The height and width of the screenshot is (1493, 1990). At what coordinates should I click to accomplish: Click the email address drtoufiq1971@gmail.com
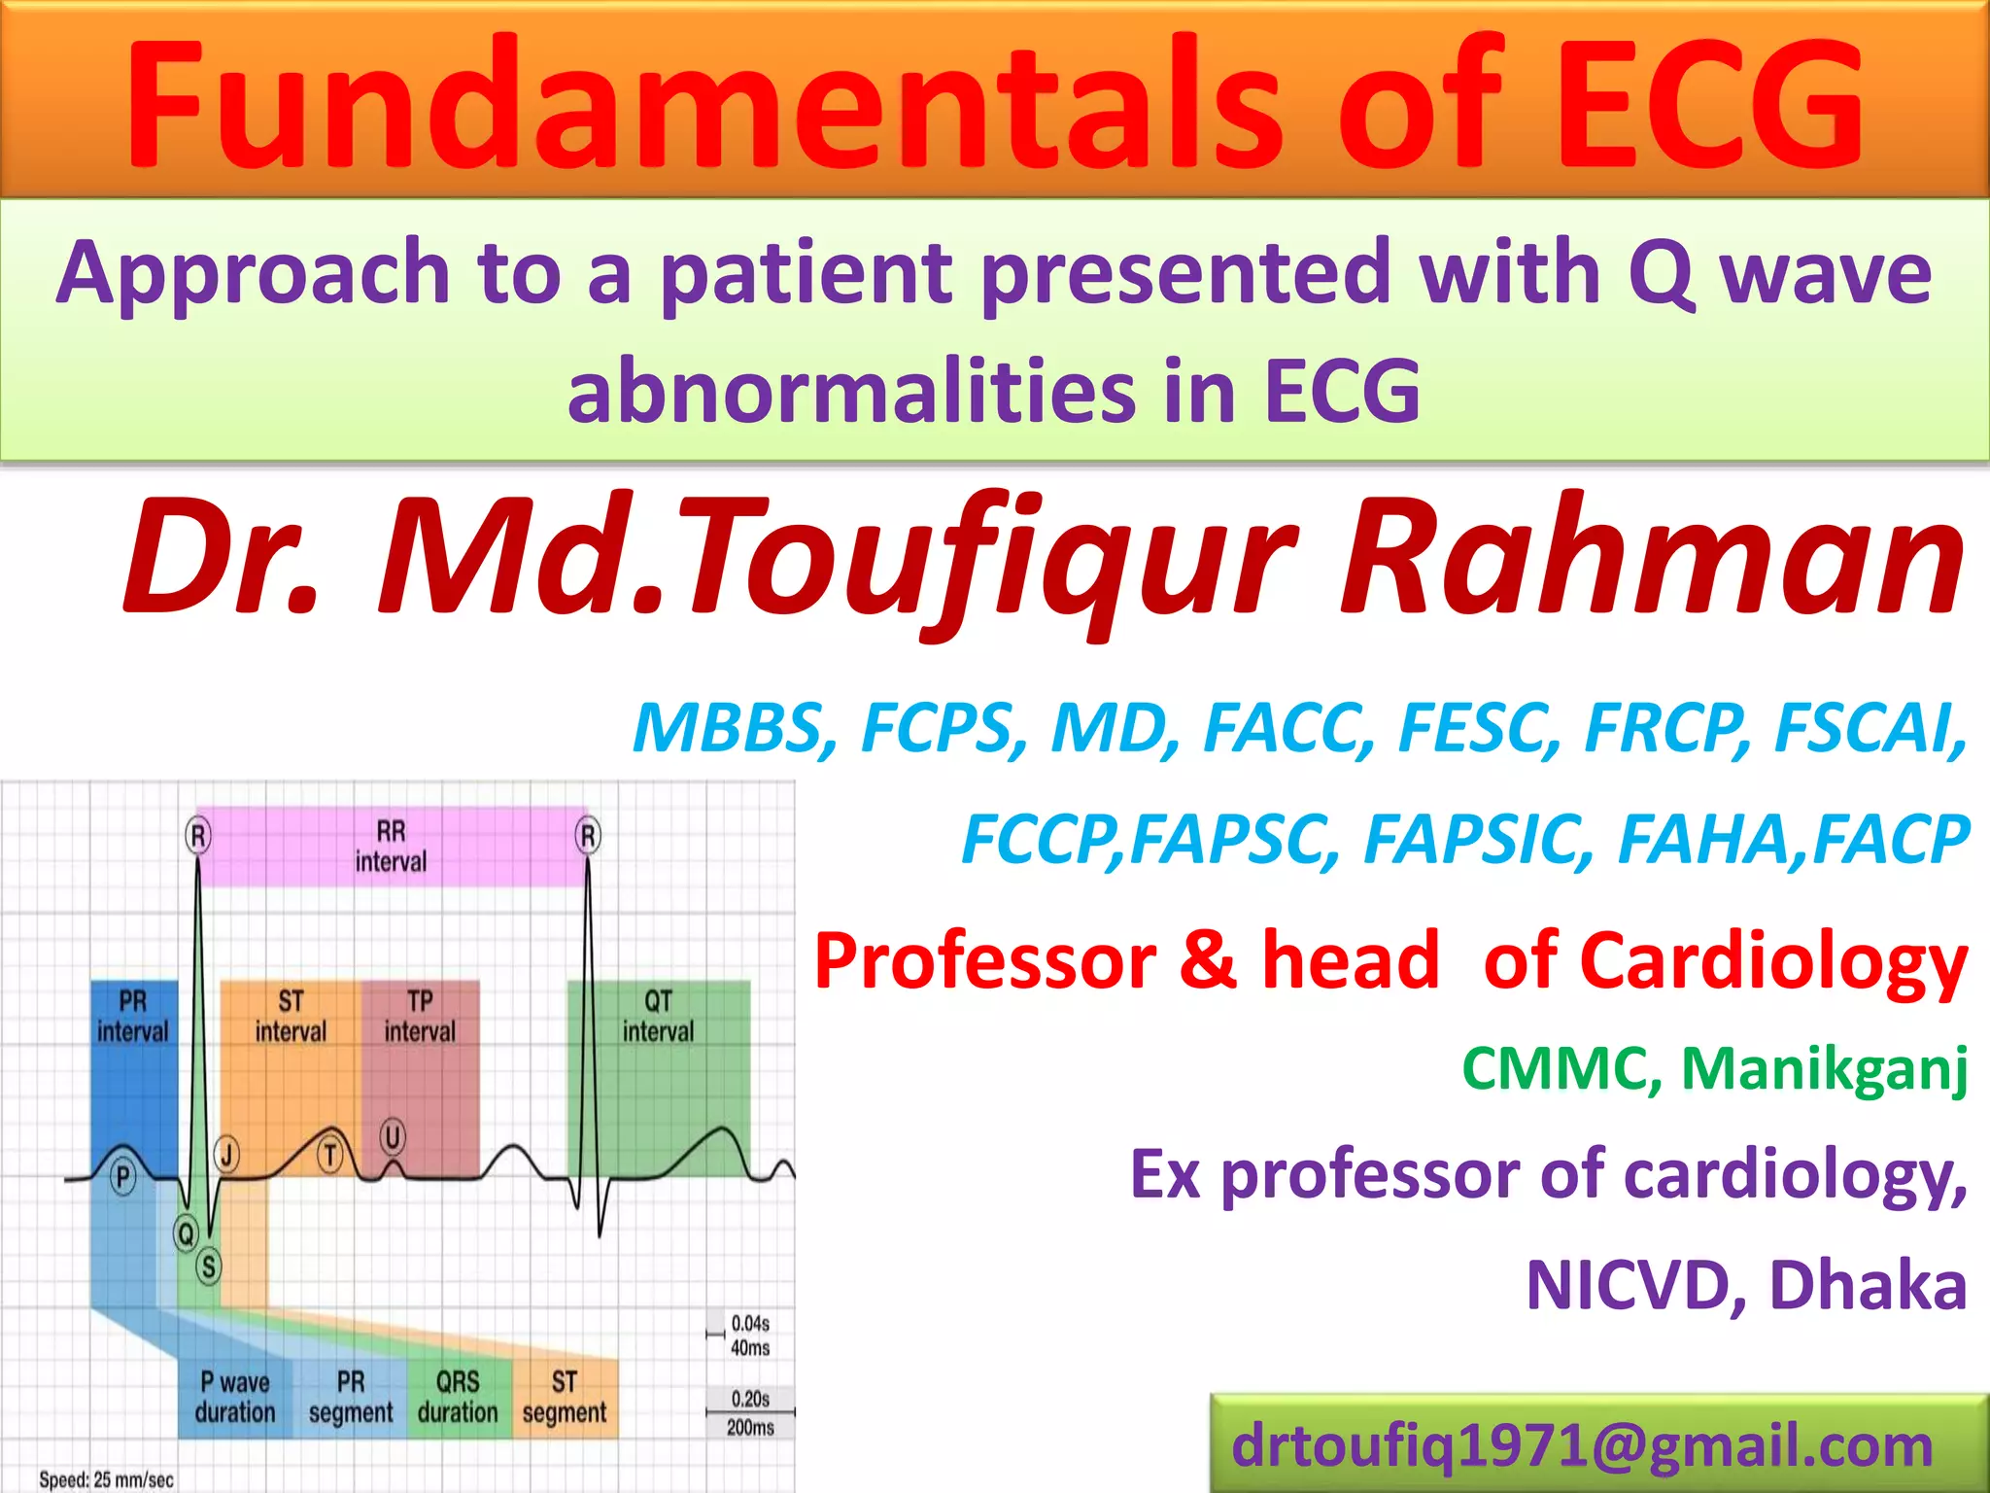(x=1582, y=1445)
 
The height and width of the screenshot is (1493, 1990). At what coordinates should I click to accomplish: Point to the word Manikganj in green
(x=1824, y=1069)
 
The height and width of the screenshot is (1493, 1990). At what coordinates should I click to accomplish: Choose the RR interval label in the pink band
(x=391, y=847)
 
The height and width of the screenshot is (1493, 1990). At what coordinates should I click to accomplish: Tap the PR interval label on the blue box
(x=133, y=1016)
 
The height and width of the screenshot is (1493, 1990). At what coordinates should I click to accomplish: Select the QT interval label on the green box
(x=658, y=1016)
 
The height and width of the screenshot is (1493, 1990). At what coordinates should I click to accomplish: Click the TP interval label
(x=420, y=1016)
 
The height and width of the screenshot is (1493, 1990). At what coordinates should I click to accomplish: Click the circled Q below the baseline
(x=185, y=1233)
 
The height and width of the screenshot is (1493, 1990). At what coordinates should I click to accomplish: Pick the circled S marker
(x=208, y=1267)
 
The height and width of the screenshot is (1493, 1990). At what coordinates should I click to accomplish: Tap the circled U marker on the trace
(x=393, y=1136)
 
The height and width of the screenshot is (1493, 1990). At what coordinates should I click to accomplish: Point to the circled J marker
(x=227, y=1155)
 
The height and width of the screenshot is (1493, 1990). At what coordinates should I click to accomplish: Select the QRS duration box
(x=458, y=1397)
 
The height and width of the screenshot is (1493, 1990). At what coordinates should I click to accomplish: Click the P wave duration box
(x=235, y=1397)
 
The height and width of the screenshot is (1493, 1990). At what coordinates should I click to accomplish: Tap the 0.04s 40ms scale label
(x=750, y=1336)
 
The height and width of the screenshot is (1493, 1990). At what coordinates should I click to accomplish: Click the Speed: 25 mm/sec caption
(x=106, y=1479)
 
